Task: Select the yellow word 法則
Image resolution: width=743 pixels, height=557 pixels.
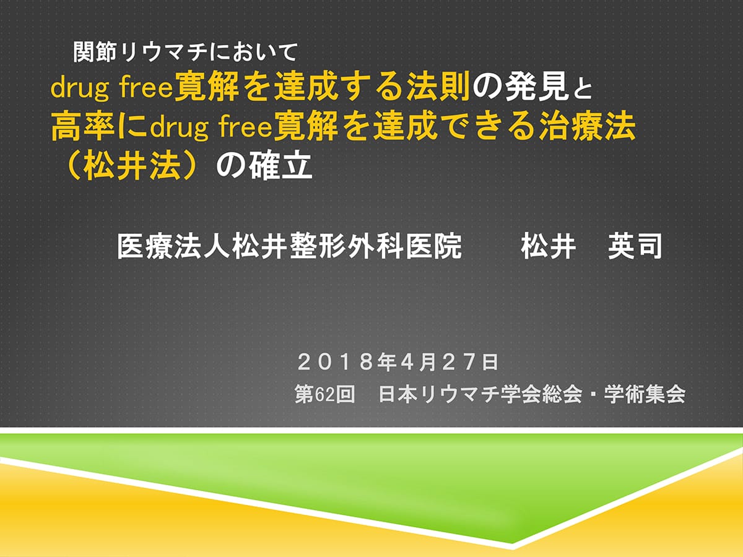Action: [438, 88]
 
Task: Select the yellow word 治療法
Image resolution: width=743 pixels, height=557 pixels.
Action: [588, 127]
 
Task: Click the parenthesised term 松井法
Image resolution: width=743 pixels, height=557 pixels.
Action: [132, 166]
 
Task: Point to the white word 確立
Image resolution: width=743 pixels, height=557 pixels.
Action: [280, 166]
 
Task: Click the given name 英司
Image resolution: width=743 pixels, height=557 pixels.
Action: [635, 246]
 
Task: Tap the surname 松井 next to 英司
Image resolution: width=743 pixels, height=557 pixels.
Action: [549, 246]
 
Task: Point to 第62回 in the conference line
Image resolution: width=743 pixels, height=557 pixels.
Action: [324, 394]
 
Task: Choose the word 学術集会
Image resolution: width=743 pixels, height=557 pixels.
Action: [645, 394]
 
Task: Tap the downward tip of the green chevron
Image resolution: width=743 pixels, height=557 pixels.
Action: [512, 543]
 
